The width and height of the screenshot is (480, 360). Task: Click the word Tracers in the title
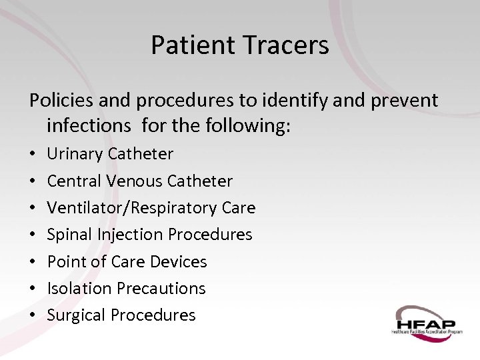(x=286, y=45)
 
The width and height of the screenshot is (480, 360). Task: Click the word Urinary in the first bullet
(x=75, y=154)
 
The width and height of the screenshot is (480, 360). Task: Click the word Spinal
(x=69, y=235)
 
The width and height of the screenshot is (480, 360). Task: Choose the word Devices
(x=179, y=261)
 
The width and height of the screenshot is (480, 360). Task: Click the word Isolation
(x=79, y=288)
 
